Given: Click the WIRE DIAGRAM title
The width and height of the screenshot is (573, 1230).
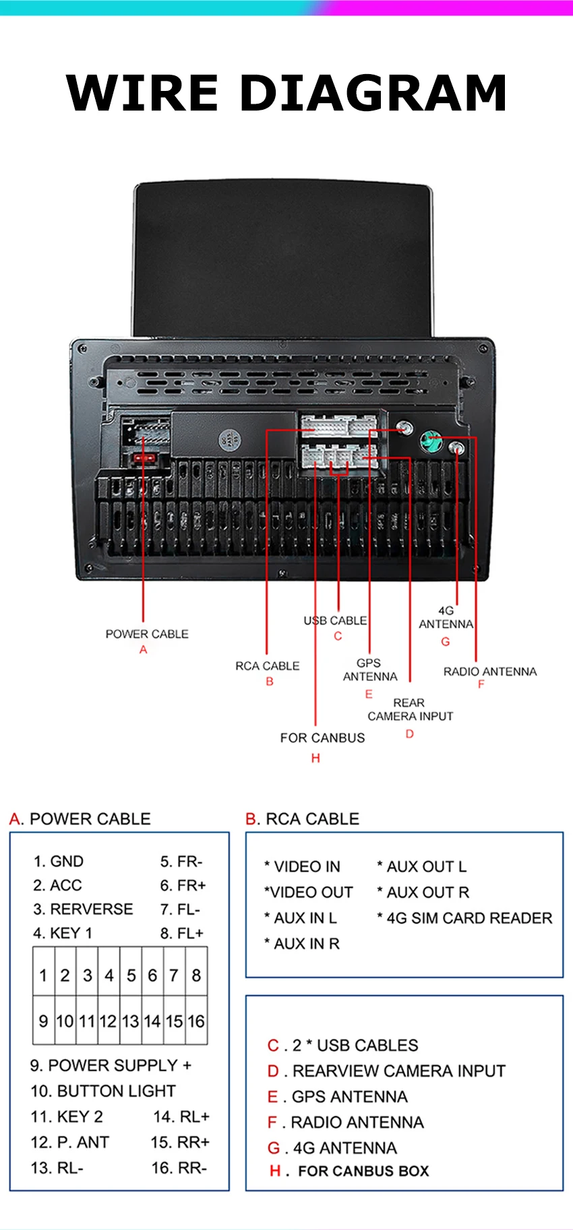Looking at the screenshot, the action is [x=286, y=93].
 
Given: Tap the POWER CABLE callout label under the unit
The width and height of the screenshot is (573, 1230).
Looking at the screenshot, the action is [x=147, y=634].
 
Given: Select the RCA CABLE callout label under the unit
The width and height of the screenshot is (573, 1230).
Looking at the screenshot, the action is [x=267, y=666].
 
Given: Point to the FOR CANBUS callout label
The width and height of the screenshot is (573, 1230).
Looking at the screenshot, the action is [x=322, y=738].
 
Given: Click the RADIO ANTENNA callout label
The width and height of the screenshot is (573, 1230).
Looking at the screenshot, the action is [x=490, y=672].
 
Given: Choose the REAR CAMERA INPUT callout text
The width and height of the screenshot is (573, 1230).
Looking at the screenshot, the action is [x=410, y=709].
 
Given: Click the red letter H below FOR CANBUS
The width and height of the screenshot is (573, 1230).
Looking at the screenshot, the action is [x=315, y=758].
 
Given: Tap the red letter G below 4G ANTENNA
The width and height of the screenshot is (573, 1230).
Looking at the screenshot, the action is [x=446, y=642].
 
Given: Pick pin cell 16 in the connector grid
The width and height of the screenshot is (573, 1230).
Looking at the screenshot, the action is [x=196, y=1021].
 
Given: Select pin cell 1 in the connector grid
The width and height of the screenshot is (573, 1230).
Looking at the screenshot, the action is [x=44, y=975].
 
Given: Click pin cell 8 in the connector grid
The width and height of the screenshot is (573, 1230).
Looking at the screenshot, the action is [x=196, y=975].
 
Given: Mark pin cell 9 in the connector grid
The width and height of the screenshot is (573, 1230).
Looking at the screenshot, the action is [x=44, y=1021].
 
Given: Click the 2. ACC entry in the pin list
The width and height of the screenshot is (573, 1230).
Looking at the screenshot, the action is [x=57, y=885].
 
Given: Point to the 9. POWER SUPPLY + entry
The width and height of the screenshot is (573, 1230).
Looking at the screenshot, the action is [x=111, y=1065].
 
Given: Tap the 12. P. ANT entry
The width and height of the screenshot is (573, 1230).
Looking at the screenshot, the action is [x=69, y=1142].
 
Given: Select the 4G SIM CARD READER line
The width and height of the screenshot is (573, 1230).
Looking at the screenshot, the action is [x=464, y=918].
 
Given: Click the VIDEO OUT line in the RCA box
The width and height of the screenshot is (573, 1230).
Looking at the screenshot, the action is [x=308, y=893].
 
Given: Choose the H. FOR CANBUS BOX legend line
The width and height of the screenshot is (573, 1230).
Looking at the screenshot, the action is [x=349, y=1171].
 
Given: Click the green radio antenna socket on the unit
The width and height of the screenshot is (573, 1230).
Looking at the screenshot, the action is [x=430, y=442].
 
